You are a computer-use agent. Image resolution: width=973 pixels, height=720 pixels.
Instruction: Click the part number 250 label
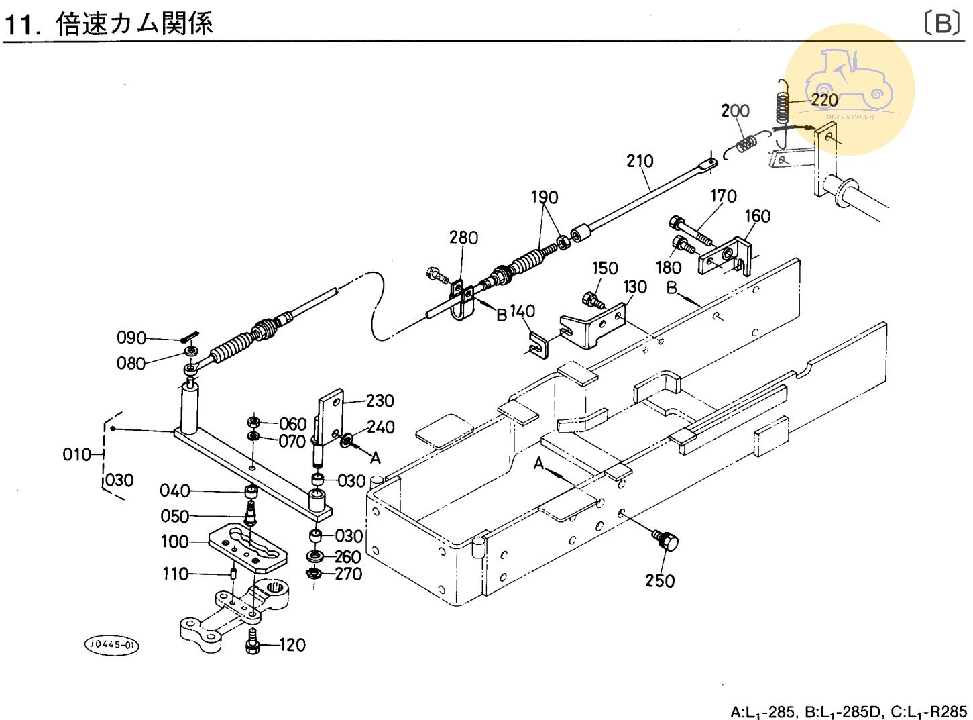660,580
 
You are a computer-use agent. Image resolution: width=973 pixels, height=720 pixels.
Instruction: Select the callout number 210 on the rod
640,161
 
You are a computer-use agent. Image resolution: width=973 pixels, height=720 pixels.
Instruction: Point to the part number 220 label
824,100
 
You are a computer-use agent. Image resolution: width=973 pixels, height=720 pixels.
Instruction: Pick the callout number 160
757,216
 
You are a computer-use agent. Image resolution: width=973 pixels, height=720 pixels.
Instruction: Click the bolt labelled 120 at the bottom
253,642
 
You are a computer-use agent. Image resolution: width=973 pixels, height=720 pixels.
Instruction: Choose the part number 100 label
174,542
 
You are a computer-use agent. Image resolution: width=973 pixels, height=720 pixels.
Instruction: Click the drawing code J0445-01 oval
112,645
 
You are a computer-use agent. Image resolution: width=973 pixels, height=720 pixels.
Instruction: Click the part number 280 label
463,238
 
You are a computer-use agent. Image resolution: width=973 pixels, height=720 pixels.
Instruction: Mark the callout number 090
131,338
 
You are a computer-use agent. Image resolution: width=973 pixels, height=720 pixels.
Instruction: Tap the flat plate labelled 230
331,416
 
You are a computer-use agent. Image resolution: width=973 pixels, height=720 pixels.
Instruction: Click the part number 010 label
76,455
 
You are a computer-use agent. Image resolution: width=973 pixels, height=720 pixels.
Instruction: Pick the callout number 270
348,574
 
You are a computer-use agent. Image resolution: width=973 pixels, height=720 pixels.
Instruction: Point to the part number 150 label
604,268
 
